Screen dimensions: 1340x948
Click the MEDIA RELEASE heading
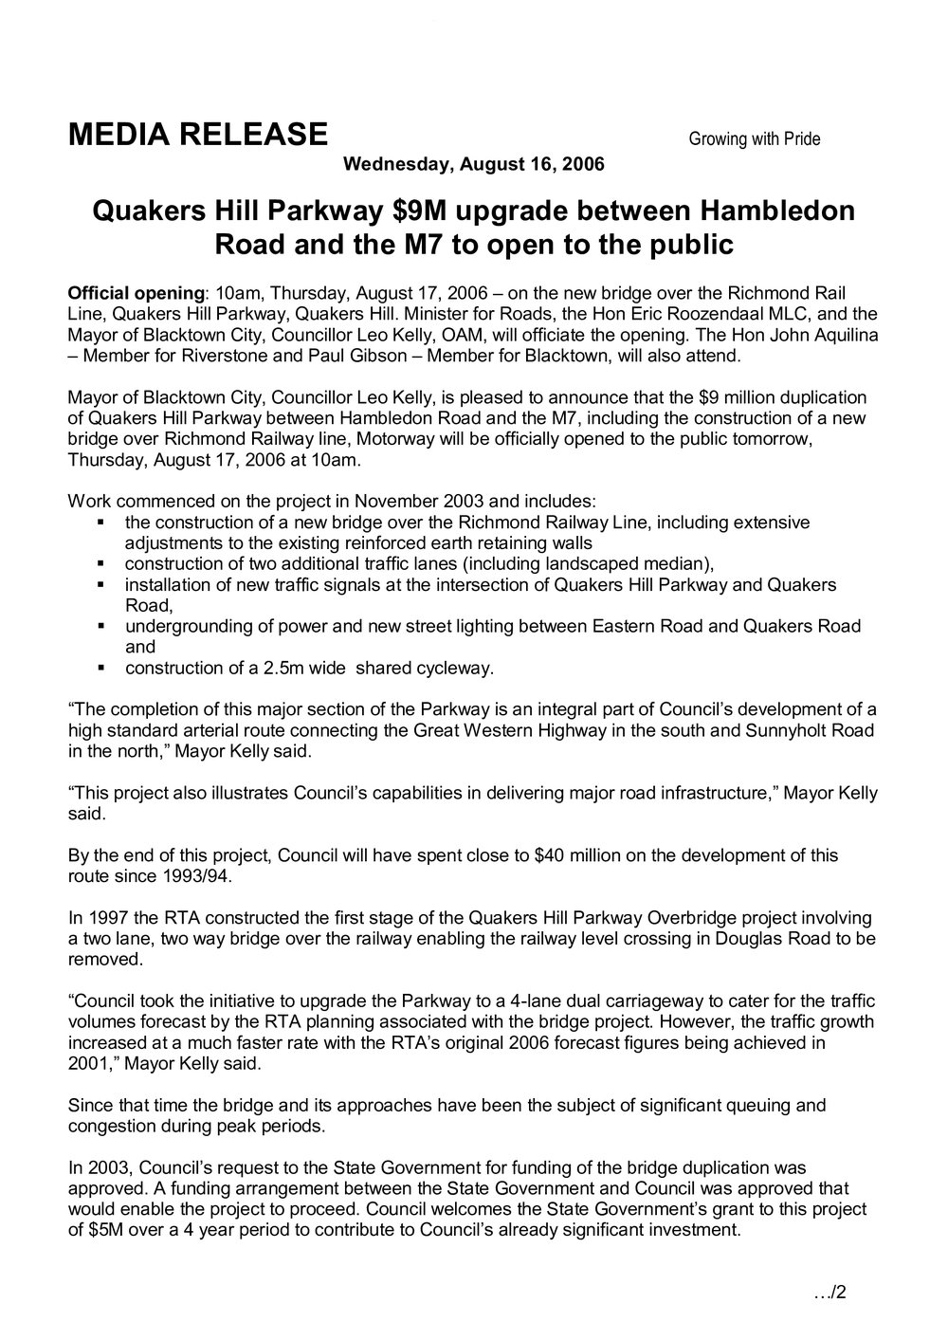[x=197, y=136]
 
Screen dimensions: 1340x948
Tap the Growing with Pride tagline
[x=754, y=139]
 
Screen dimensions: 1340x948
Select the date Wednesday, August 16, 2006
[x=473, y=164]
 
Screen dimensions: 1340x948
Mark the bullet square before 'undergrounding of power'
[x=100, y=627]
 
